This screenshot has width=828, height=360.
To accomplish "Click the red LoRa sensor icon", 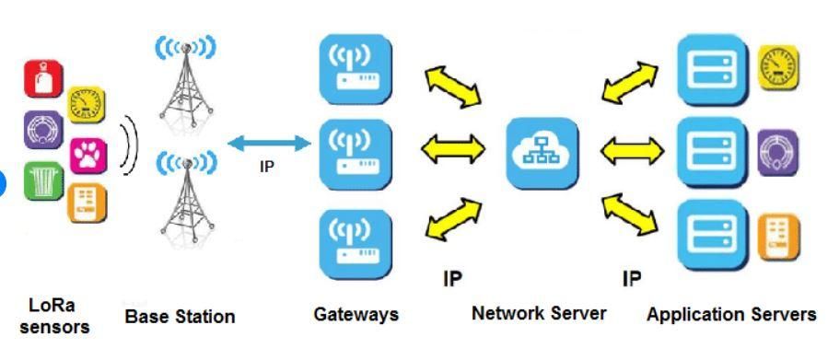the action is (x=43, y=78).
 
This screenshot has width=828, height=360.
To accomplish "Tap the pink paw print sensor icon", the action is (x=88, y=156).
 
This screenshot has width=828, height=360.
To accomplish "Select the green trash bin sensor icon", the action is (x=44, y=180).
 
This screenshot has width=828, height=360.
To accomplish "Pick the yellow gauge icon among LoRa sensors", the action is (x=86, y=105).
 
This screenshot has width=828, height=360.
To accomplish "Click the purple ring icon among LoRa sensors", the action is (x=43, y=129).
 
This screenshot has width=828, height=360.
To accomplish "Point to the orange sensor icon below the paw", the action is (x=87, y=203).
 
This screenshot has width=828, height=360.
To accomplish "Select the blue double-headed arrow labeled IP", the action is (x=269, y=143).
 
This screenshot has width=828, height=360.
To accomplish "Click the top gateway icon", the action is (x=356, y=69).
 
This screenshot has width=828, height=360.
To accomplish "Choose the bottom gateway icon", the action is (x=356, y=244).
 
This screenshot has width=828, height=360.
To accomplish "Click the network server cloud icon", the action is (x=542, y=153).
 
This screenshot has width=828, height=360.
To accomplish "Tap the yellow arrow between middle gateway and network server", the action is (x=453, y=148).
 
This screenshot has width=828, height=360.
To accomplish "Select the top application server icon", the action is (x=713, y=69).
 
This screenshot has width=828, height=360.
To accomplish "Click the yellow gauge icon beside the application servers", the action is (x=778, y=67).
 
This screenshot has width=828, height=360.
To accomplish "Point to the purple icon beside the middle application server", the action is (x=778, y=153).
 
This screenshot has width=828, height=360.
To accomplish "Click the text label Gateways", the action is (x=356, y=315).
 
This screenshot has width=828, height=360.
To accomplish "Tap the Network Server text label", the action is (x=539, y=314).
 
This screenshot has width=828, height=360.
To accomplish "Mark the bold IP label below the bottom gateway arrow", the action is (x=452, y=279).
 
